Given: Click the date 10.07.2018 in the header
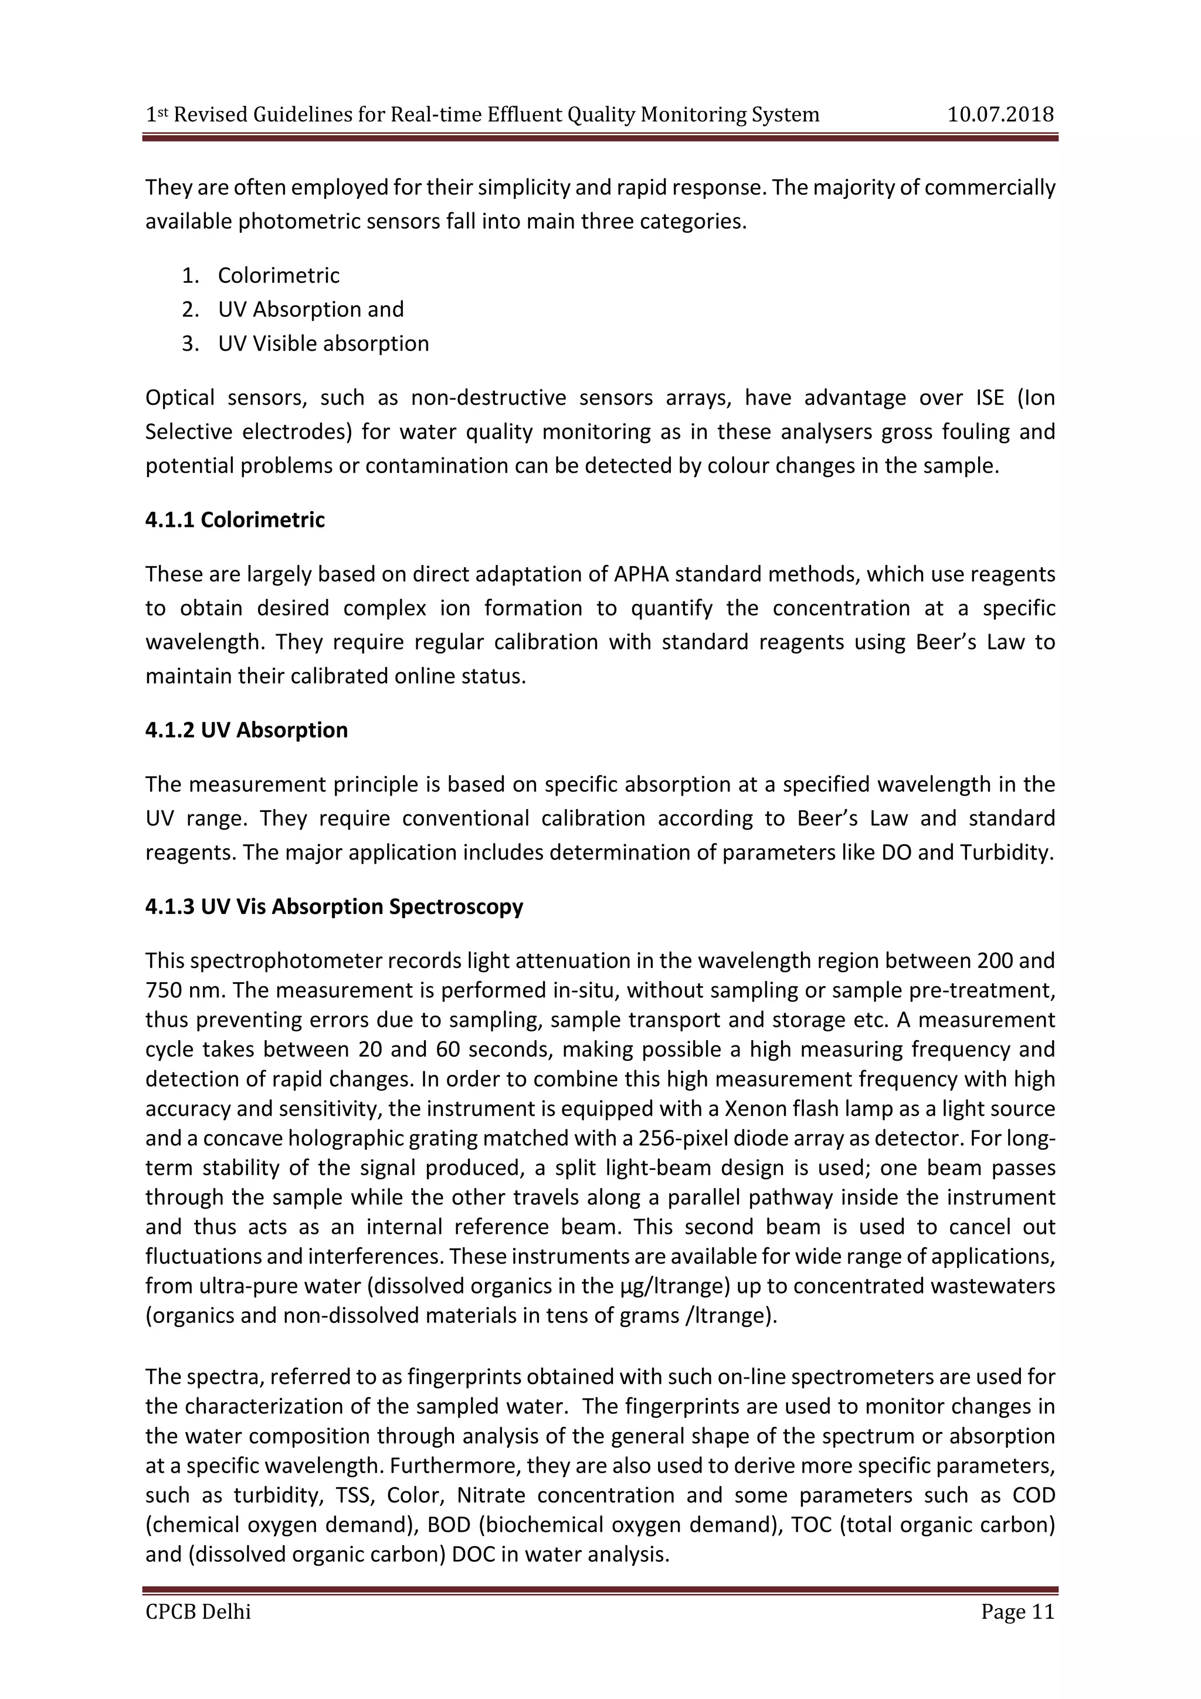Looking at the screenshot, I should point(1000,115).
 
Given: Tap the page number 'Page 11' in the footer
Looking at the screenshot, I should point(1017,1611).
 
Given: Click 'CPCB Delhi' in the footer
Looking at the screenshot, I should point(198,1611).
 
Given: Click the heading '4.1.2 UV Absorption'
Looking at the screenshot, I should point(246,730).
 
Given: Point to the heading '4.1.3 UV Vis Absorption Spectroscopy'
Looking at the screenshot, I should point(334,906).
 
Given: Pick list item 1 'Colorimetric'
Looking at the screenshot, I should point(278,275).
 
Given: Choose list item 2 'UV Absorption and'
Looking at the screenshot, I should point(311,309).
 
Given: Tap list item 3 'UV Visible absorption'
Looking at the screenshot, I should point(323,343).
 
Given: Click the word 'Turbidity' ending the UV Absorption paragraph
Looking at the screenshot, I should point(1006,852).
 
